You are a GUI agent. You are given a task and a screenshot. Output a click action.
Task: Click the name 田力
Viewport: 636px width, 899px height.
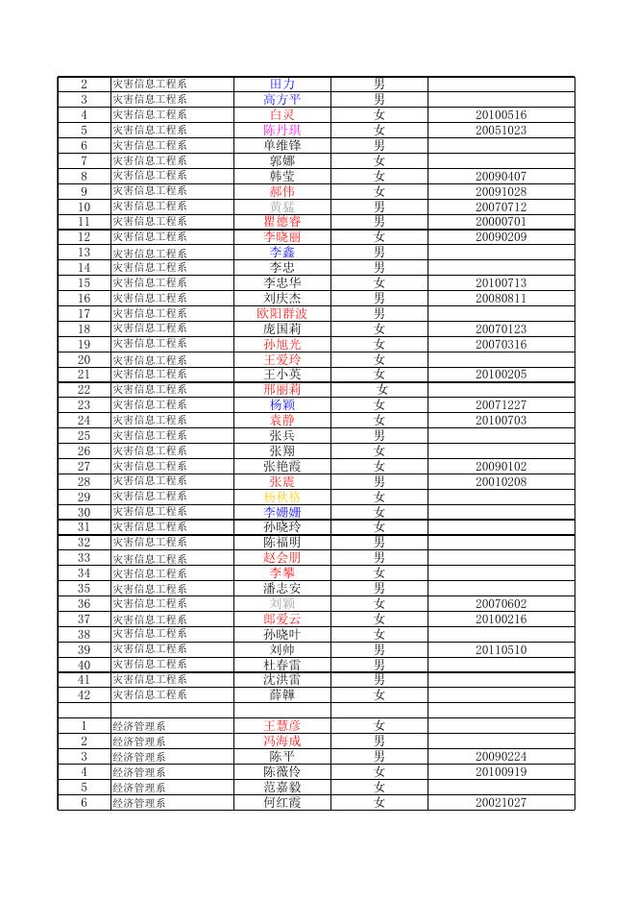(282, 85)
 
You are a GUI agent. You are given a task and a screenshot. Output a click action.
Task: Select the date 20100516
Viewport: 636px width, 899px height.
(501, 115)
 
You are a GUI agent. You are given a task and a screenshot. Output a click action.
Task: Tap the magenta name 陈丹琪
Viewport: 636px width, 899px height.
(282, 131)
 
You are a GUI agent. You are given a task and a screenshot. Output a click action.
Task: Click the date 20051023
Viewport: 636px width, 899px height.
(501, 131)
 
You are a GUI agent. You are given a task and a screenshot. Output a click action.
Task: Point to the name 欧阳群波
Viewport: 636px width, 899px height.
(282, 313)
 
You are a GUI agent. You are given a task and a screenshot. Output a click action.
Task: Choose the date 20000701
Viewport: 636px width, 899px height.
(501, 222)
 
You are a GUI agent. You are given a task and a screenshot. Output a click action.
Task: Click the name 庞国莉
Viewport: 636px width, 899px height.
(282, 328)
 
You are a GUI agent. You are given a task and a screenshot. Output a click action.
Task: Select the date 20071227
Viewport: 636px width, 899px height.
(501, 405)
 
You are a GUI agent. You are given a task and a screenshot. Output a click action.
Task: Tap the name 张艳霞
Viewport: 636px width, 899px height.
(282, 466)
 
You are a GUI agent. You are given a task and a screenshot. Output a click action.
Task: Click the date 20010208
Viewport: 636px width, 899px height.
(501, 481)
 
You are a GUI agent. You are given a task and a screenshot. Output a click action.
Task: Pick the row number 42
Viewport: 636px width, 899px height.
(84, 694)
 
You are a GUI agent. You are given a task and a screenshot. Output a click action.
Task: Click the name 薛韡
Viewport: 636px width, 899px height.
(282, 694)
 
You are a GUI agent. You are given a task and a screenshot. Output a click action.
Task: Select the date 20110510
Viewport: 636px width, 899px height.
(501, 649)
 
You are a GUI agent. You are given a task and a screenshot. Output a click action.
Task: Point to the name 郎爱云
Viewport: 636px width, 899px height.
(282, 619)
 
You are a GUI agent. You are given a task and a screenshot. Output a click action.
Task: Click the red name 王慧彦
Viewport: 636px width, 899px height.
(282, 726)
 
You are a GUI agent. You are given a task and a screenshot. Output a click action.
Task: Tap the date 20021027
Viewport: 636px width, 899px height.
(501, 802)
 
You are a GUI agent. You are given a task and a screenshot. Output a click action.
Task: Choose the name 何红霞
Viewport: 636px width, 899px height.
(282, 802)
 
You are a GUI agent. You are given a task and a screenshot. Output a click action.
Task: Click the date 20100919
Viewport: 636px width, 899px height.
(501, 771)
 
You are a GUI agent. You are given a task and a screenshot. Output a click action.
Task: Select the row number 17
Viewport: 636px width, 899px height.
(84, 313)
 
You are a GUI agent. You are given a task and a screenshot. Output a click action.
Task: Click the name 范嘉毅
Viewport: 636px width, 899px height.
(282, 787)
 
